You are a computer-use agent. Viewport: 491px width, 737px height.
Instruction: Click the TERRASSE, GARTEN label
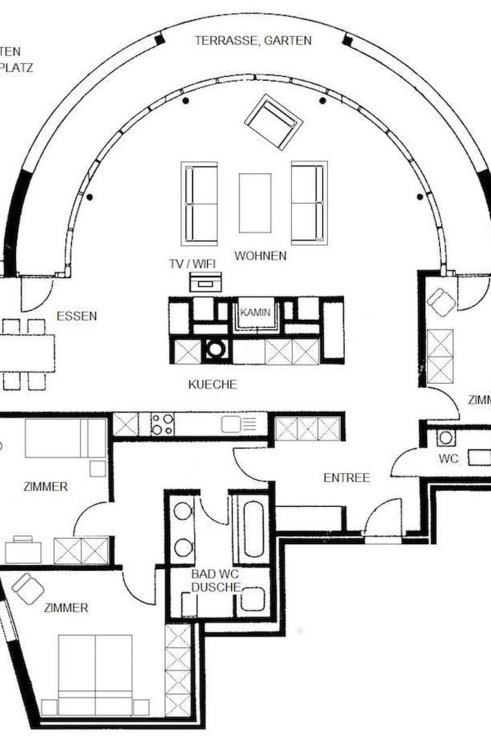253,40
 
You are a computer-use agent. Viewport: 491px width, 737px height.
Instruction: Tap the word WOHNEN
260,256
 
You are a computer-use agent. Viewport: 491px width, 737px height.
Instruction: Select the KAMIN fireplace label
255,312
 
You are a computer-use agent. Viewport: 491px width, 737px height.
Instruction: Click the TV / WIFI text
192,263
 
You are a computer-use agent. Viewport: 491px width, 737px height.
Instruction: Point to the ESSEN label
77,316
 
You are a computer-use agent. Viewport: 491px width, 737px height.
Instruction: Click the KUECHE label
212,384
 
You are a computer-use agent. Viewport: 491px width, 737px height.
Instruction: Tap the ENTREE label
347,478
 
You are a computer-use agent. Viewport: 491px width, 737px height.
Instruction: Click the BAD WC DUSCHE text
215,581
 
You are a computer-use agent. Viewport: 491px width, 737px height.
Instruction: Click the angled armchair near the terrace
274,122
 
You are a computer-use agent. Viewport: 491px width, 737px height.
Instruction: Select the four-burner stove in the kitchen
162,424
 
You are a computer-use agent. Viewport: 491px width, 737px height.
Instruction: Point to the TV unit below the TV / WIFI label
206,282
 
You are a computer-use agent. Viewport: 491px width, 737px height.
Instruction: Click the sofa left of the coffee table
199,203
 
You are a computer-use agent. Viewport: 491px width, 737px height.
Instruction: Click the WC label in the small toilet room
449,459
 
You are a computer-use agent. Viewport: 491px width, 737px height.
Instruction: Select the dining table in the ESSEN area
26,353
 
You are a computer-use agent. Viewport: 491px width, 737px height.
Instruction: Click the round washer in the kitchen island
216,349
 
